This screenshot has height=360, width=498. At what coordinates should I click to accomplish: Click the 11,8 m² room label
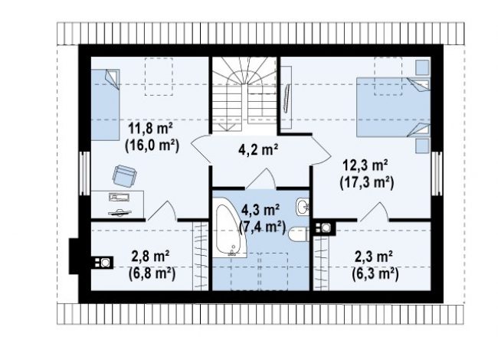[x=150, y=129]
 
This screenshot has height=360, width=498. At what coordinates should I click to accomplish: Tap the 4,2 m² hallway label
[x=258, y=149]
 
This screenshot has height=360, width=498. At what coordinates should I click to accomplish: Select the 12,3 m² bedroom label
[x=365, y=165]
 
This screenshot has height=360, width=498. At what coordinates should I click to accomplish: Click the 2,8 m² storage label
[x=150, y=257]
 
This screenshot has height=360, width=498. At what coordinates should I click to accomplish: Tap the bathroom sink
[x=302, y=208]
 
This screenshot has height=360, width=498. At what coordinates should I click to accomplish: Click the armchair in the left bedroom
[x=124, y=176]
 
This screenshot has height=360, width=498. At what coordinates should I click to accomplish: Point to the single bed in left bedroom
[x=105, y=104]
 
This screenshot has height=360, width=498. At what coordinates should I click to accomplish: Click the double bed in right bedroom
[x=393, y=107]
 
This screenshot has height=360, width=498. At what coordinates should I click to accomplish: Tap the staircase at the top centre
[x=244, y=94]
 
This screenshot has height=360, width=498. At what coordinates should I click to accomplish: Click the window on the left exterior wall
[x=84, y=173]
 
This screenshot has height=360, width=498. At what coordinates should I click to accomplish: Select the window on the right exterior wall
[x=437, y=173]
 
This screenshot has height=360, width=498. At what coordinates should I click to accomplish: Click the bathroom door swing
[x=260, y=179]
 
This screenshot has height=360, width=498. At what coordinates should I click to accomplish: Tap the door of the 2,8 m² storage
[x=162, y=211]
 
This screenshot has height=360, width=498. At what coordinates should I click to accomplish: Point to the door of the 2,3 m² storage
[x=373, y=211]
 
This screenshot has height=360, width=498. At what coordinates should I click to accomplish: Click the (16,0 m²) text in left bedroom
[x=152, y=146]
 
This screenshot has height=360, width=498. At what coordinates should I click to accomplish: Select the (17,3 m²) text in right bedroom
[x=367, y=183]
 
